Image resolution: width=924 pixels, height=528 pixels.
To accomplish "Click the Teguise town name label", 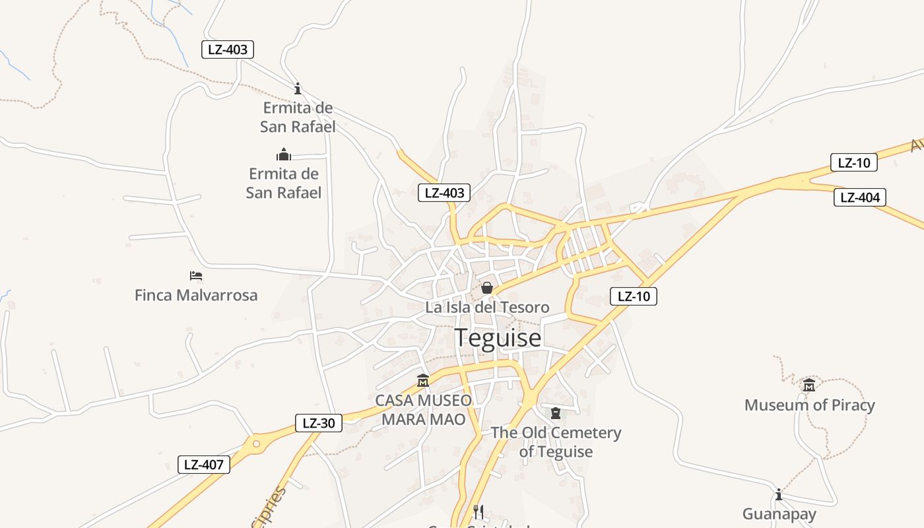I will coord(498,338).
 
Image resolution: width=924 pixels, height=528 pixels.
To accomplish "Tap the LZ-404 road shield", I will coord(859,197).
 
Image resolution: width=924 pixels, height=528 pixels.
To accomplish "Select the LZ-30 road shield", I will coord(319,423).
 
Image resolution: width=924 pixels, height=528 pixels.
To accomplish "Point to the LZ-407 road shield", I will coord(204,465).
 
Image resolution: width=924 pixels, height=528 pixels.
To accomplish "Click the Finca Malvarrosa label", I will coord(196,295).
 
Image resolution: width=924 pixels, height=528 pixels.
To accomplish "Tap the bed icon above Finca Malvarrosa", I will coord(196,276).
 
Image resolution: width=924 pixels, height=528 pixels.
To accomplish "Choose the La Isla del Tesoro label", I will coord(487,308).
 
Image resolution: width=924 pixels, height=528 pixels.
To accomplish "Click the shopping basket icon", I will coord(487,288).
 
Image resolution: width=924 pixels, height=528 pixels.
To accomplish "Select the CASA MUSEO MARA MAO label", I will coord(424,410).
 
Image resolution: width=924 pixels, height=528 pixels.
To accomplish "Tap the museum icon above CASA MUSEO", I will coord(423,381).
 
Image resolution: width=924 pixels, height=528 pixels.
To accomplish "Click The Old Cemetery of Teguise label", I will coord(556,442).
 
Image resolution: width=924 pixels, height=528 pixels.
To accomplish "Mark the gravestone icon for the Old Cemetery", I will coord(556,413).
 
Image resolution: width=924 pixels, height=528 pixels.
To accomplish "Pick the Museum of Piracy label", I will coord(809,405).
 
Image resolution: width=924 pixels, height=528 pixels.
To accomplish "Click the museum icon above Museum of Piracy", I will coord(809,385).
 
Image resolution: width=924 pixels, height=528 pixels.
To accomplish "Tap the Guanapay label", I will coord(779,513).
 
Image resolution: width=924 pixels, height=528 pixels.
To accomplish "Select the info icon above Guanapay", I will coord(779,494).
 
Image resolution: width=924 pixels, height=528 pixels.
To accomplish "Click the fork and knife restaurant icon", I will coord(478,511).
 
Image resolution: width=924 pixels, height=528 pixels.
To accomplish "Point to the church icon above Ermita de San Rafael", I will coord(284,155).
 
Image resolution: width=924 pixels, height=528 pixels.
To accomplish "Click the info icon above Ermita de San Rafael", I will coord(298,88).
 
